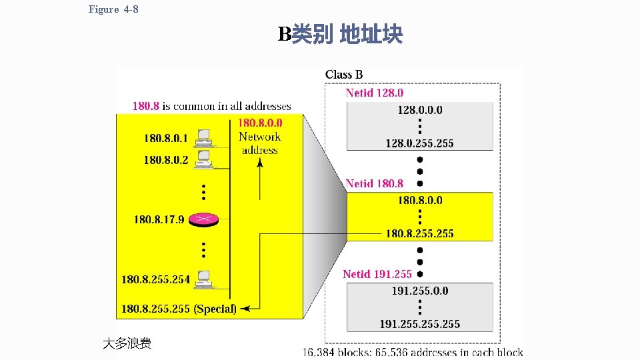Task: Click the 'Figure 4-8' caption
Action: click(113, 9)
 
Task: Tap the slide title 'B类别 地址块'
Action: click(340, 35)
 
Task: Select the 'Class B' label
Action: click(344, 75)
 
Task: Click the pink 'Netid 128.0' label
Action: click(374, 93)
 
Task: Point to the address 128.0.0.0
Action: click(419, 110)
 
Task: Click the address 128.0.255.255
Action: click(419, 143)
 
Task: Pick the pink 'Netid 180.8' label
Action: click(374, 183)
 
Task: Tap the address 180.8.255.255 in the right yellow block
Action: click(419, 233)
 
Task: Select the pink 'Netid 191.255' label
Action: click(377, 273)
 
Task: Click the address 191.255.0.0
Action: click(419, 291)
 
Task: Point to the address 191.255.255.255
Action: click(419, 324)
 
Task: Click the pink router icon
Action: click(203, 219)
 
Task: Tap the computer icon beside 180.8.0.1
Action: click(203, 138)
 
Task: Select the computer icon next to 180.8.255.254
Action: click(203, 279)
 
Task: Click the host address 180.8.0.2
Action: click(166, 160)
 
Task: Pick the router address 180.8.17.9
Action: click(159, 219)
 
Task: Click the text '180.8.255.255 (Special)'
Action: click(178, 309)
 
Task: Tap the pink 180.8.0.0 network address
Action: click(260, 123)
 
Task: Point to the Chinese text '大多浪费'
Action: click(127, 343)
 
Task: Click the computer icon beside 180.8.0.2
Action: click(203, 159)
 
